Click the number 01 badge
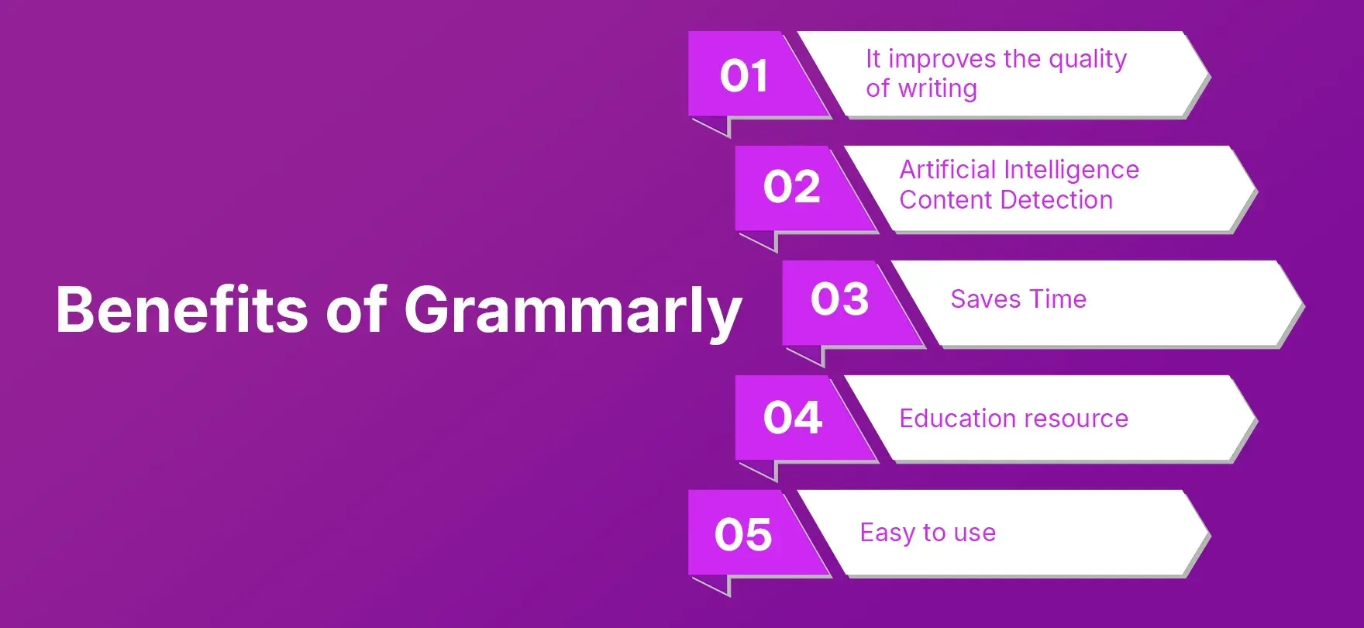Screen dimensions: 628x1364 pos(744,76)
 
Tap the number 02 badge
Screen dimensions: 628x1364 pos(791,187)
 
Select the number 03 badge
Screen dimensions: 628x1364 pos(839,299)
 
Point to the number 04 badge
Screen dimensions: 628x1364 pos(792,418)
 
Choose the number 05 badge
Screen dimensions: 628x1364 pos(743,534)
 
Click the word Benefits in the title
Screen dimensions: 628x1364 pos(182,310)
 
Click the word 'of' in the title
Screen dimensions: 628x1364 pos(356,310)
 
